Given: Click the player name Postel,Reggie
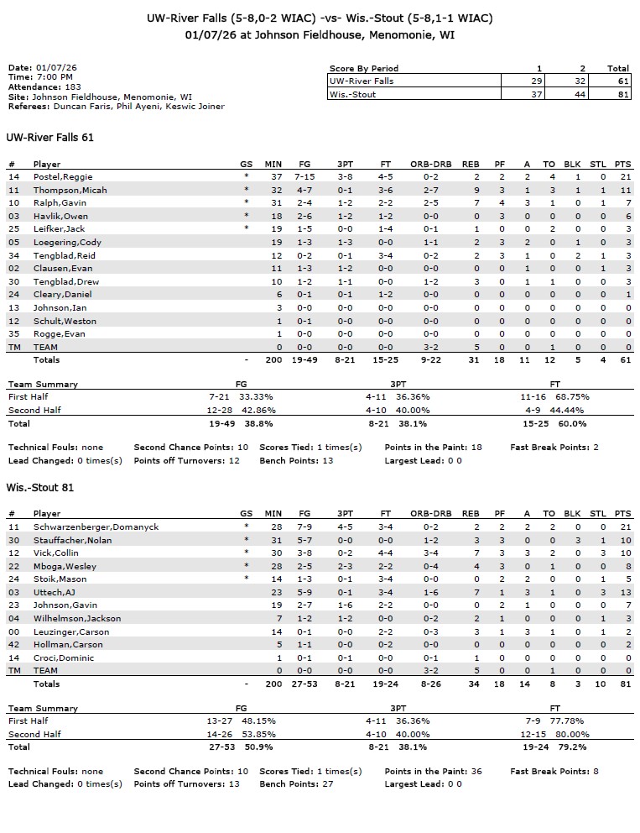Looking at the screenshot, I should (63, 177).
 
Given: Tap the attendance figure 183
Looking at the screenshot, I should (73, 86).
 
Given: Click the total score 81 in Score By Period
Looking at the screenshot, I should (618, 94).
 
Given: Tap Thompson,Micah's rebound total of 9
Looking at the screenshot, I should (475, 191).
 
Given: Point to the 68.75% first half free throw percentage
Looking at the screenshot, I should (565, 396).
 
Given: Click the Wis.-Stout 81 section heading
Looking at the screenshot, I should (40, 488).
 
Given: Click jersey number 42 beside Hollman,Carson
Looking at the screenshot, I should (13, 644).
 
